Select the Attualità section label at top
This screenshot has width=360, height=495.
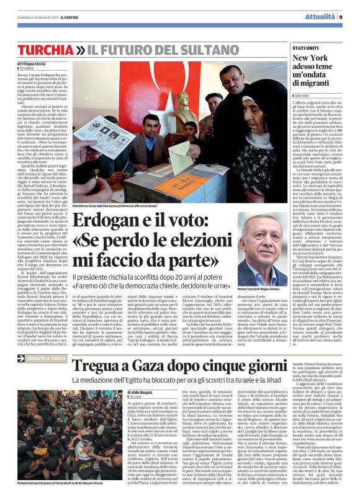(320, 17)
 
